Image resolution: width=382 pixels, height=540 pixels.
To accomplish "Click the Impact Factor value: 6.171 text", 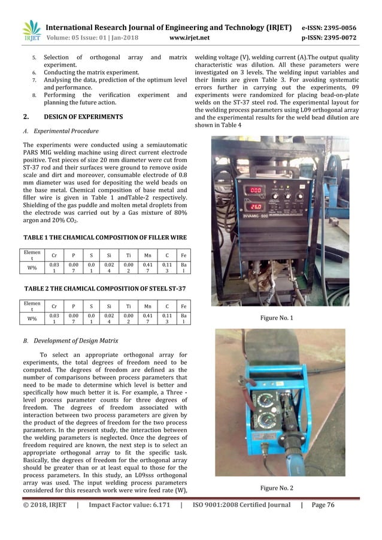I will click(129, 505).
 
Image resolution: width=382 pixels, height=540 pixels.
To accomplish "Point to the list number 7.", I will click(34, 80).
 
